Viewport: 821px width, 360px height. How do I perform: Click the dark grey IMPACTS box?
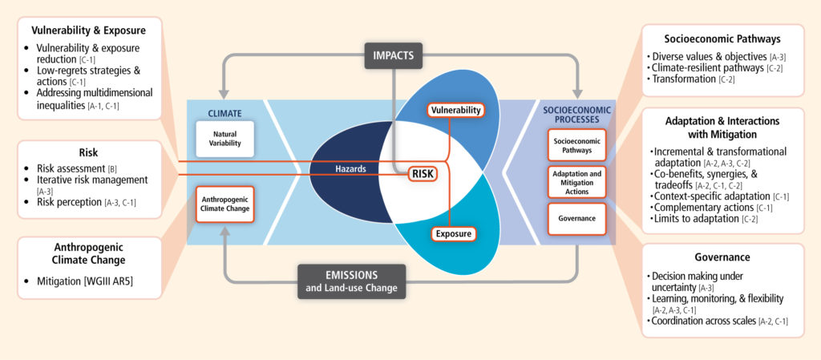click(393, 55)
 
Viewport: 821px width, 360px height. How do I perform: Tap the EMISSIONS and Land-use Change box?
click(351, 281)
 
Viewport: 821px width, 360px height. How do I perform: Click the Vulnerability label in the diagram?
click(455, 110)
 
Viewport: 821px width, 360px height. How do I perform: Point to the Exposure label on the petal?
click(454, 233)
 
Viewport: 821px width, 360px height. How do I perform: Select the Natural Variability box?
click(225, 139)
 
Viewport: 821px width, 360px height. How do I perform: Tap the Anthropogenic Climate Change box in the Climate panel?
click(225, 204)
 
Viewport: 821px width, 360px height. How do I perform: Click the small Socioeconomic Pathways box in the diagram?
click(576, 144)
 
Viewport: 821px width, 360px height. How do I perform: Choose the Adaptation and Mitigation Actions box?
click(576, 182)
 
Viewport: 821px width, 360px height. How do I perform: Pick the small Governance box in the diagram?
click(576, 219)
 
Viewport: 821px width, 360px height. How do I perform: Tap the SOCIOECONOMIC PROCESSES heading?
click(576, 115)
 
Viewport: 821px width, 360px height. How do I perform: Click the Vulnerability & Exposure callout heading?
click(88, 30)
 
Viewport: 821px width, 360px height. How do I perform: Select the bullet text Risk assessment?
click(71, 168)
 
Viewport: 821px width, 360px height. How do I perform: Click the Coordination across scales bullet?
click(704, 321)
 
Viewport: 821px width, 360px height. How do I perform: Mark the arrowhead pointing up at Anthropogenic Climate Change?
click(225, 231)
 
